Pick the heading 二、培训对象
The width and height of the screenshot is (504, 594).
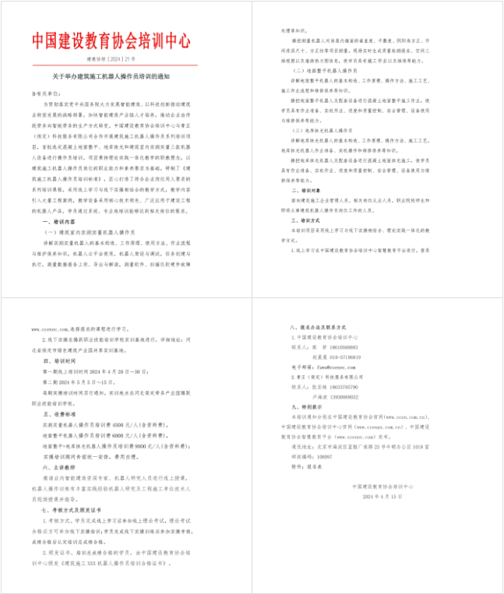[x=307, y=189]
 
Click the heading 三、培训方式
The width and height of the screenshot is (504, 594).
[x=307, y=220]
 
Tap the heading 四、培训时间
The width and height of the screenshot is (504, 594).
[x=62, y=361]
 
